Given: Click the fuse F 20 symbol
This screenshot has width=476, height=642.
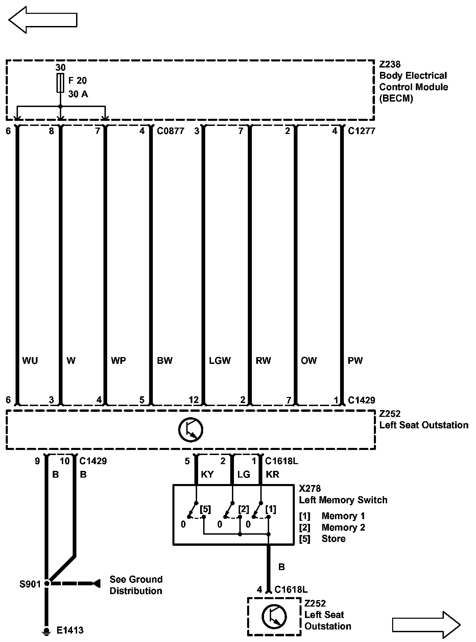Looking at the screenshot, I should (x=60, y=82).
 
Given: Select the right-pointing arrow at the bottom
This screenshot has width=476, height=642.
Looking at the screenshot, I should (x=426, y=624).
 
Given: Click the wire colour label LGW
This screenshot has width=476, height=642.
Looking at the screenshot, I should (x=220, y=360).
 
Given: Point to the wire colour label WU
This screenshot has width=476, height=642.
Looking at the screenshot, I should (x=30, y=360).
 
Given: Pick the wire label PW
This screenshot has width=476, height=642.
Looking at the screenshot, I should (x=355, y=360).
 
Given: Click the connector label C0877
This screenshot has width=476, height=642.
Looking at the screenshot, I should (x=171, y=131).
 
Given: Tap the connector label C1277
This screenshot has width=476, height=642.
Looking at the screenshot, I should (x=361, y=131).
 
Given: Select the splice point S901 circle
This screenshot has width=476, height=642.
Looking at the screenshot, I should (x=47, y=583).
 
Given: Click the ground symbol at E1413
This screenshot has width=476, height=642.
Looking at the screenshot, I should (x=47, y=630).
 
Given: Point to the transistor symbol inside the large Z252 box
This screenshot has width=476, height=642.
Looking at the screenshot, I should (x=191, y=430).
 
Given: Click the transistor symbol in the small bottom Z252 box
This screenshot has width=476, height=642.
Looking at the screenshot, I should (x=274, y=616).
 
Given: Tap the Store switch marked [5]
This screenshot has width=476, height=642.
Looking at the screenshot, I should (x=194, y=510).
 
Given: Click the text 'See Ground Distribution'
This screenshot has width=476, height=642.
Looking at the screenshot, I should (x=136, y=585).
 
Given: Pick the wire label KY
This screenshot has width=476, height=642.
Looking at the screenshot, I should (x=207, y=474).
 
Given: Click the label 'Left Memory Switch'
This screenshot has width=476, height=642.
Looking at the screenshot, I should (x=343, y=500).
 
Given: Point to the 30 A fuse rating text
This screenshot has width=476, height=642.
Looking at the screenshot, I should (x=78, y=94).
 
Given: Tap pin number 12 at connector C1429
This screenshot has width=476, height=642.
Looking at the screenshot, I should (x=194, y=400).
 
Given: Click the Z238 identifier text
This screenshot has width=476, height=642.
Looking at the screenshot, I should (x=390, y=64).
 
